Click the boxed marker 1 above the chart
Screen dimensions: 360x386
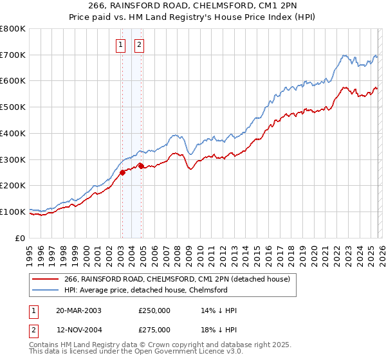point(120,44)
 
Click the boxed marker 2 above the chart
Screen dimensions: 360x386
point(139,44)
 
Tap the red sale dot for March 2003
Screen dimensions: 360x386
point(122,172)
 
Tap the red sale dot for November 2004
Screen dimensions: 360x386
point(141,166)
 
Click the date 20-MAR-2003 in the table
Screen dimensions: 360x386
point(78,310)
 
